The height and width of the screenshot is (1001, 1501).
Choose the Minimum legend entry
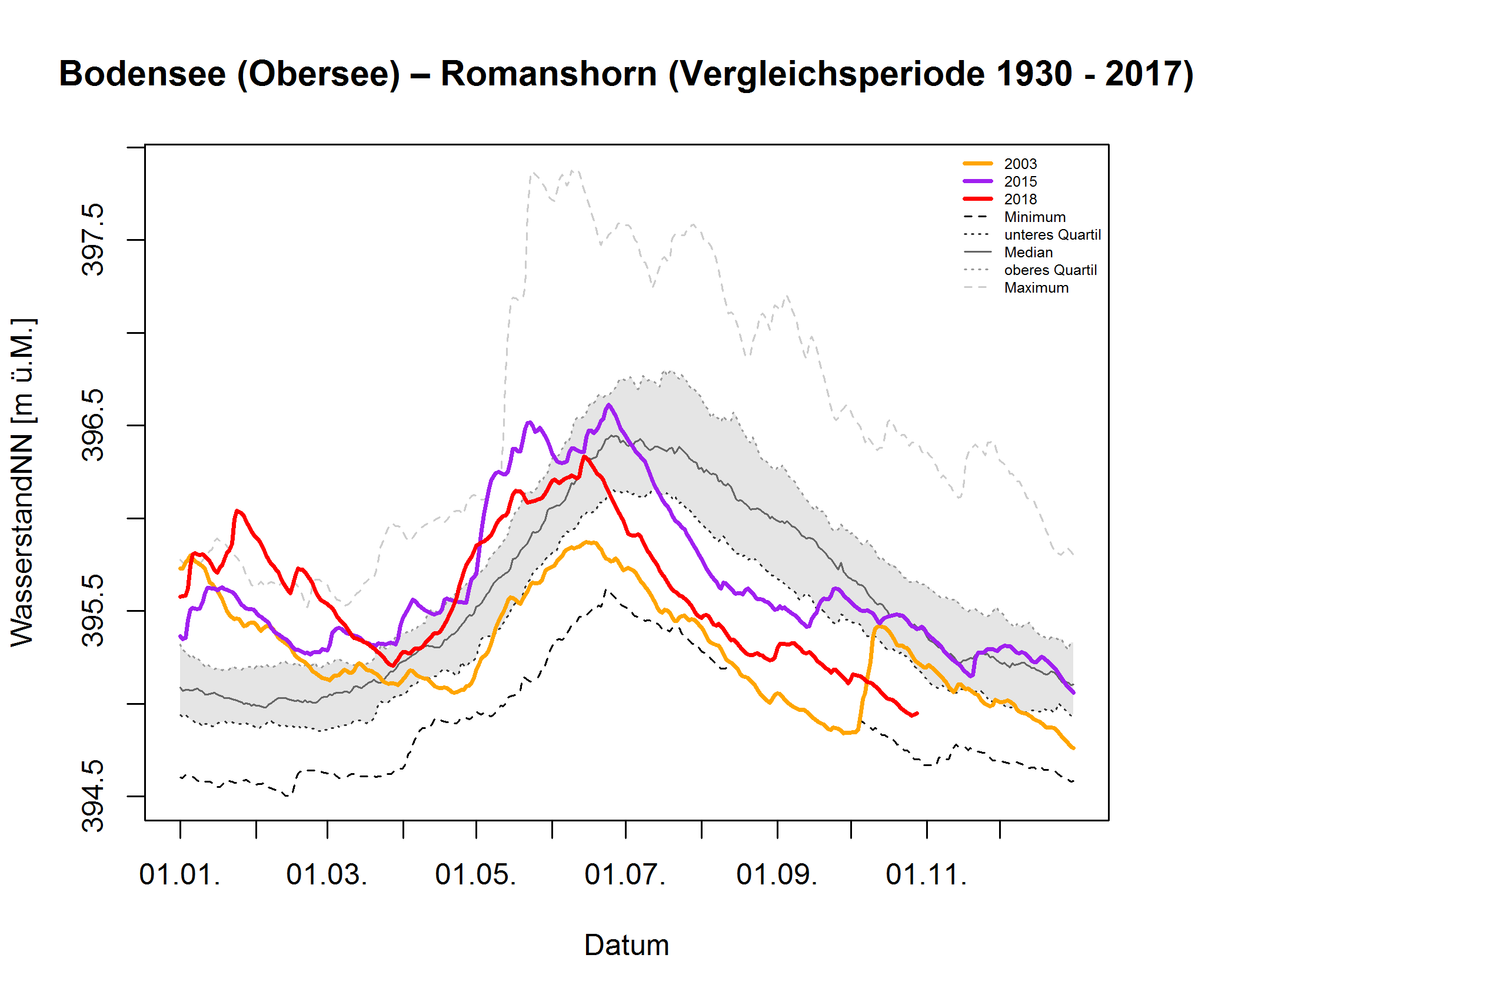(1033, 217)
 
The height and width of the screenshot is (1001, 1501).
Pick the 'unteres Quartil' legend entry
(1051, 235)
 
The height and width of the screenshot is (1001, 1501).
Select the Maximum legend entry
(1036, 288)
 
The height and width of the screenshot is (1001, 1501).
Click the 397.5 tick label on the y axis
(93, 240)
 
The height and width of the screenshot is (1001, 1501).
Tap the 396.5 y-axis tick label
(93, 425)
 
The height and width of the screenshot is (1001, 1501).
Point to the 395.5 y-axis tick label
(93, 611)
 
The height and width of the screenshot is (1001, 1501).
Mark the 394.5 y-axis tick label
(93, 796)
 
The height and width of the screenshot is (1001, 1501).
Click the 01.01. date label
(180, 874)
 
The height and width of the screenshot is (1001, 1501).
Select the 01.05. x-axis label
(475, 874)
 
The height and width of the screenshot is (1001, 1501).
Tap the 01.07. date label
(624, 874)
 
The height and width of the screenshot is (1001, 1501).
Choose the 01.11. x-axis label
(926, 874)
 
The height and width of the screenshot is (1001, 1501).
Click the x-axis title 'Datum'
(626, 946)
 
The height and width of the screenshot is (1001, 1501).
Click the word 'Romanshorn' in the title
(548, 74)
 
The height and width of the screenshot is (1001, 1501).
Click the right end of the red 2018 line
(917, 713)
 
